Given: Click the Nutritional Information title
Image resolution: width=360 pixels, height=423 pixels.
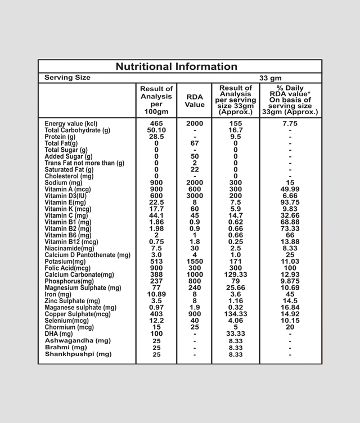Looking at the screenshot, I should [x=177, y=66].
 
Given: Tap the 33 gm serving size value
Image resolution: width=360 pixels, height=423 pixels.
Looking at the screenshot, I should [x=271, y=78].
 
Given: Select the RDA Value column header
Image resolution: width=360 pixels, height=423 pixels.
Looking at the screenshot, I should [x=195, y=101].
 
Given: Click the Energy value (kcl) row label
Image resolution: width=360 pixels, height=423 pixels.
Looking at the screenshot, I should [x=71, y=124].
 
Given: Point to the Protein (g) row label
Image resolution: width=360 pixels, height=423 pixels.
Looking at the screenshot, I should [x=60, y=137].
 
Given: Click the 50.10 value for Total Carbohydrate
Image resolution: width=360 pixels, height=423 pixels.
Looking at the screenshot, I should [x=156, y=130].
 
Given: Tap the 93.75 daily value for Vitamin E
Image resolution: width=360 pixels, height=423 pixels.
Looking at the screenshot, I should [x=290, y=202].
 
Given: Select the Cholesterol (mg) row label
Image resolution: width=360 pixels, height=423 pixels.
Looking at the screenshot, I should [x=69, y=176].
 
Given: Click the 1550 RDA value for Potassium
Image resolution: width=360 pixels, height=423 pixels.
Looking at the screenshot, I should [x=195, y=262].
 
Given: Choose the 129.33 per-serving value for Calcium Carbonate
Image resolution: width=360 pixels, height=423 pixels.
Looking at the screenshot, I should [x=236, y=274].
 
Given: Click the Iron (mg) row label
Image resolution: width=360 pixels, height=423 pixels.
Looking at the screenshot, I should [x=58, y=294].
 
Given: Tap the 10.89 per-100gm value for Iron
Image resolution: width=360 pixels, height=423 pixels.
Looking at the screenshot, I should [x=156, y=294].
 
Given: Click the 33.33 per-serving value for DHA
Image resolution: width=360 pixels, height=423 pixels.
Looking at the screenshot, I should [x=236, y=334].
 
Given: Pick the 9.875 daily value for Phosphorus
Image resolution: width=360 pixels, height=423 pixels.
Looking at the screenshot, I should [x=290, y=281].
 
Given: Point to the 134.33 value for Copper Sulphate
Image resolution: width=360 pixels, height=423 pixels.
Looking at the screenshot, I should [x=236, y=314].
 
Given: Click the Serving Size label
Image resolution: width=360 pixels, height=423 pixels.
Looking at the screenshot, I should [x=67, y=78].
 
